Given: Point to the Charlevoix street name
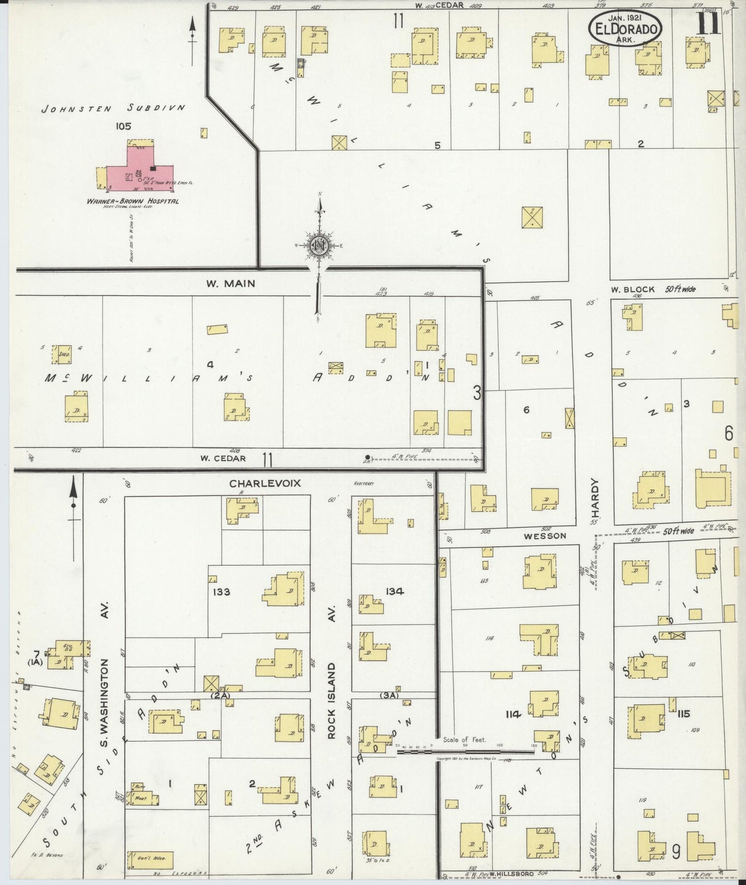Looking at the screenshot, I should click(x=265, y=483).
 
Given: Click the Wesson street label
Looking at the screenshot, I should click(x=545, y=536).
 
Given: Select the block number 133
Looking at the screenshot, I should click(x=221, y=592).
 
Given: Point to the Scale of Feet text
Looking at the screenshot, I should click(x=464, y=739).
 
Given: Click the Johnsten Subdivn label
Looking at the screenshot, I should click(x=113, y=108).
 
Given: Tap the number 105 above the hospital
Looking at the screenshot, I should click(x=124, y=125).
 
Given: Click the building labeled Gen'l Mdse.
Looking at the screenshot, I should click(x=150, y=860).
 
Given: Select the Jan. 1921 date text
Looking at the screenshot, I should click(x=625, y=17).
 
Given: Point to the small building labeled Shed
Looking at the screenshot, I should click(x=65, y=354).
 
